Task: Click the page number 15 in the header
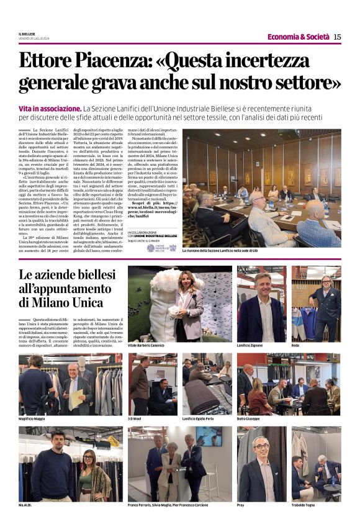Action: pos(337,37)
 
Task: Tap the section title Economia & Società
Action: pos(298,37)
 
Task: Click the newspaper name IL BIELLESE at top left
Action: pos(27,34)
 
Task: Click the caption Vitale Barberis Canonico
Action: pos(146,345)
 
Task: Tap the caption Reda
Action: pos(296,345)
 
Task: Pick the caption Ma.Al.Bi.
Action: pos(25,505)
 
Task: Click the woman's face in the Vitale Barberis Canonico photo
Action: pos(187,282)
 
